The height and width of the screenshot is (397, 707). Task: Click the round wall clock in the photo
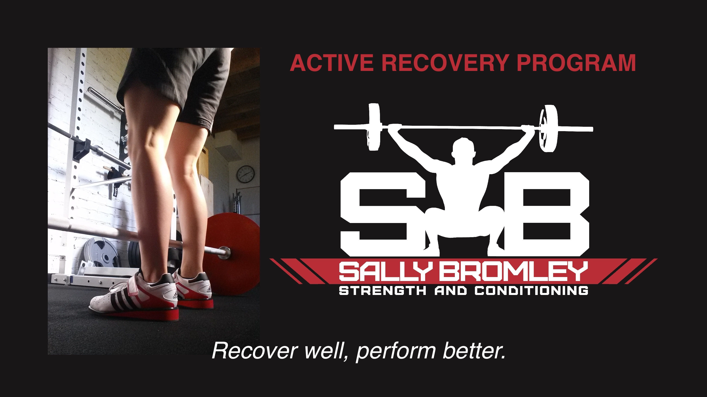click(x=245, y=174)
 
